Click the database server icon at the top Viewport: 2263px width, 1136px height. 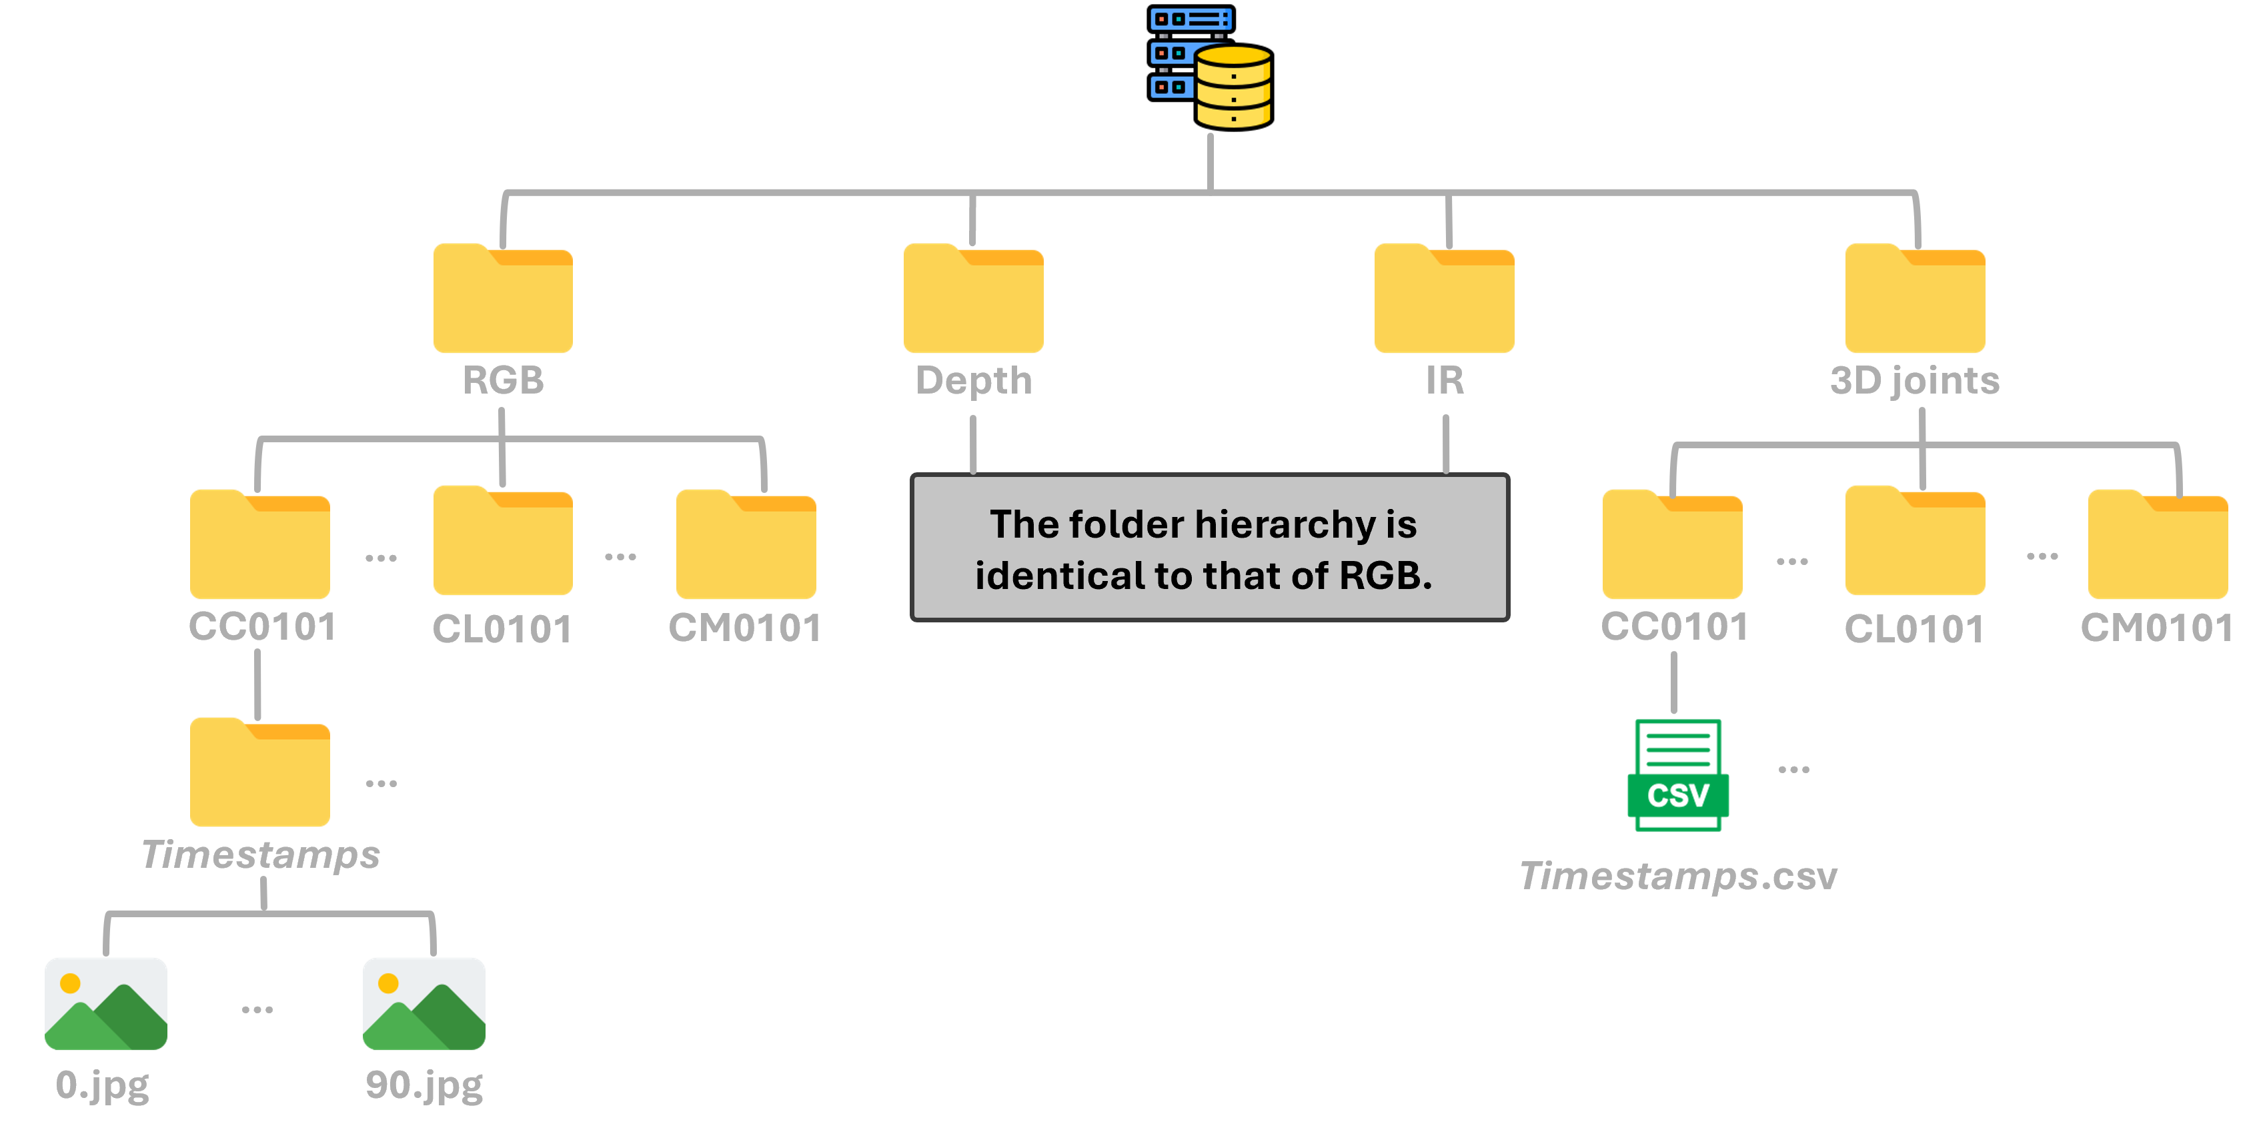tap(1211, 69)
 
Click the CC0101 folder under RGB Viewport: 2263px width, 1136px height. tap(260, 546)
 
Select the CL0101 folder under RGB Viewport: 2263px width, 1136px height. tap(502, 542)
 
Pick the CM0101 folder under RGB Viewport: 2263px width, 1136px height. tap(746, 546)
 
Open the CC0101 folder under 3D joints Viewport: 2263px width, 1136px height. tap(1673, 546)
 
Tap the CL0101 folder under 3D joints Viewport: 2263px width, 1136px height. tap(1915, 542)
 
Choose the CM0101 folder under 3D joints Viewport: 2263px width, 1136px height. tap(2158, 546)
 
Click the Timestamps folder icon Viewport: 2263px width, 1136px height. tap(260, 773)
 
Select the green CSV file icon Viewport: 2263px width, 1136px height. tap(1678, 775)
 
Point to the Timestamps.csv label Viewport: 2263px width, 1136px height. tap(1678, 877)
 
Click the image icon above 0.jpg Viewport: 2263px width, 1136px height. tap(106, 1003)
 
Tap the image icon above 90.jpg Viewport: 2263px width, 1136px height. tap(424, 1003)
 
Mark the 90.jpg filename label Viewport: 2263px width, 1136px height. tap(424, 1086)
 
